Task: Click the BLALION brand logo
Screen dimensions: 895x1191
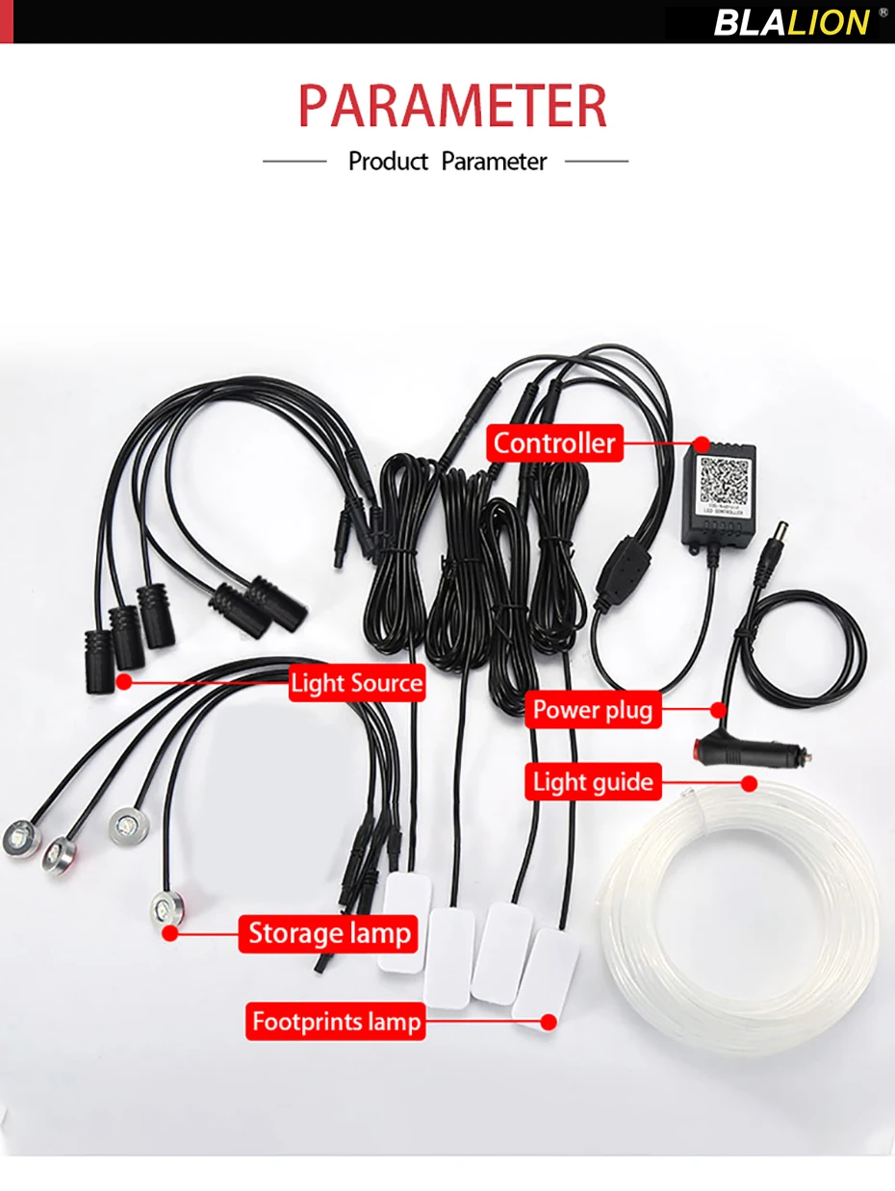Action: pyautogui.click(x=791, y=21)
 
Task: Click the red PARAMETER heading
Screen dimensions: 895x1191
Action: pyautogui.click(x=452, y=106)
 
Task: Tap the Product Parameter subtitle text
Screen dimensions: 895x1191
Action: pyautogui.click(x=447, y=161)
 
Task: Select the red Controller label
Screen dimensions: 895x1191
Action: pyautogui.click(x=553, y=443)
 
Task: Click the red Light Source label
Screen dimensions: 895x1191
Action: pyautogui.click(x=356, y=683)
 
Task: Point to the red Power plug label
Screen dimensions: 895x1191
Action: pyautogui.click(x=593, y=710)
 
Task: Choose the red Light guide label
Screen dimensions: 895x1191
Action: pyautogui.click(x=593, y=782)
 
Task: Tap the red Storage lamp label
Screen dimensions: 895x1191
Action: pyautogui.click(x=329, y=932)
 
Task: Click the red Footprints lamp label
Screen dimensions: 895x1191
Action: pyautogui.click(x=337, y=1020)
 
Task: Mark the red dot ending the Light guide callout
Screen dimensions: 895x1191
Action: pyautogui.click(x=750, y=783)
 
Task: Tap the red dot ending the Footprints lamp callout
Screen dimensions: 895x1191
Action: pyautogui.click(x=549, y=1021)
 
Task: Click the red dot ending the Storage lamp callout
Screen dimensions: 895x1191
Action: pyautogui.click(x=170, y=932)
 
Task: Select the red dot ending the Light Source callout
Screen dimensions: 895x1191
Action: pyautogui.click(x=122, y=682)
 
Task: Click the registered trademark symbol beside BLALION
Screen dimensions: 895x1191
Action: pyautogui.click(x=882, y=13)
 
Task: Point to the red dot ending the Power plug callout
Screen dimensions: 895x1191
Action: pyautogui.click(x=717, y=711)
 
